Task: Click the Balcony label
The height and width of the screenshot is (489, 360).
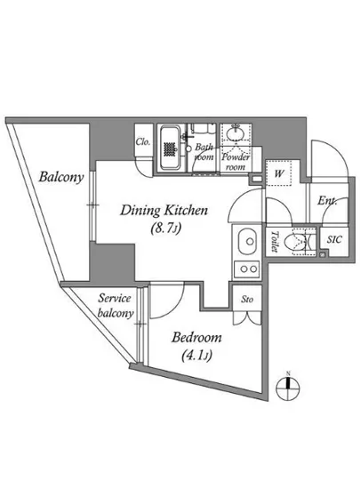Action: [x=61, y=177]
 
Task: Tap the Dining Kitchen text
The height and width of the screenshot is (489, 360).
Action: [x=164, y=210]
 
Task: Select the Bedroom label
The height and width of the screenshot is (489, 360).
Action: [x=196, y=338]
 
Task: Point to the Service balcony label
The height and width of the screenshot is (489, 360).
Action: [x=116, y=306]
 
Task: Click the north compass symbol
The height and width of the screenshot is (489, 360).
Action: [x=288, y=387]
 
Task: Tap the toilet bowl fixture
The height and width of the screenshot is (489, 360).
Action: [x=300, y=242]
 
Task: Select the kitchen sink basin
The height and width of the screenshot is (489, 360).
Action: [x=248, y=242]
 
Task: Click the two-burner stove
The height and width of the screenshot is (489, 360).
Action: [x=246, y=269]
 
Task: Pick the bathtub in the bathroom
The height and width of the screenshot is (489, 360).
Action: [x=170, y=148]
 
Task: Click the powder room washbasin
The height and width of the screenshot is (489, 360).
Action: [x=235, y=134]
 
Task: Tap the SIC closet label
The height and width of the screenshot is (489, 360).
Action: [x=334, y=240]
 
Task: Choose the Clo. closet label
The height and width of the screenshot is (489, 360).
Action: [x=143, y=142]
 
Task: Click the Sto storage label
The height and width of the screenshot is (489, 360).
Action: [x=247, y=300]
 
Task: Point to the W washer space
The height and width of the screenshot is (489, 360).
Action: [x=278, y=173]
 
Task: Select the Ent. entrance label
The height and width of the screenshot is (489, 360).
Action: [x=327, y=201]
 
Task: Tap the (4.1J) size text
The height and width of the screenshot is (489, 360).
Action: [x=196, y=356]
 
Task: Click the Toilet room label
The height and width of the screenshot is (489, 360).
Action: [x=275, y=241]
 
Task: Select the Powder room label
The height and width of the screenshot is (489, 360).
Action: [x=236, y=162]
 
